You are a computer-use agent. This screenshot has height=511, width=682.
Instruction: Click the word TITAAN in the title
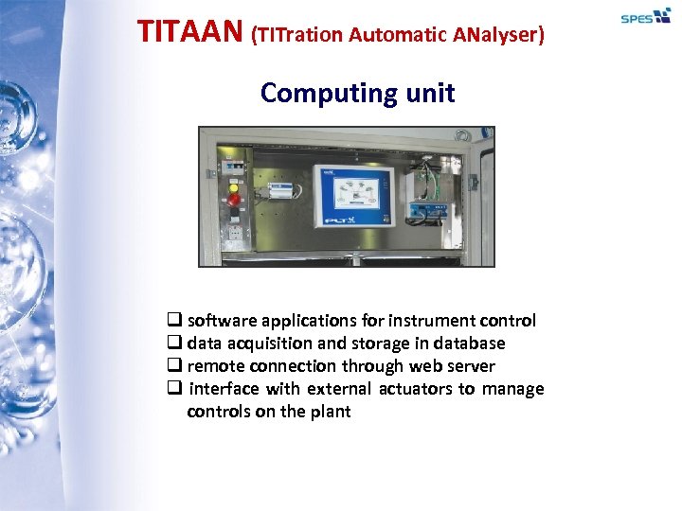[190, 32]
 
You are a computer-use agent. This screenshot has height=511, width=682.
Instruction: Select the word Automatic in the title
[397, 35]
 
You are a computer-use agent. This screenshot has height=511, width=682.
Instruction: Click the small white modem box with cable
[281, 190]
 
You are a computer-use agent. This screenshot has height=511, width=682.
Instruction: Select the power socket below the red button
[233, 233]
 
